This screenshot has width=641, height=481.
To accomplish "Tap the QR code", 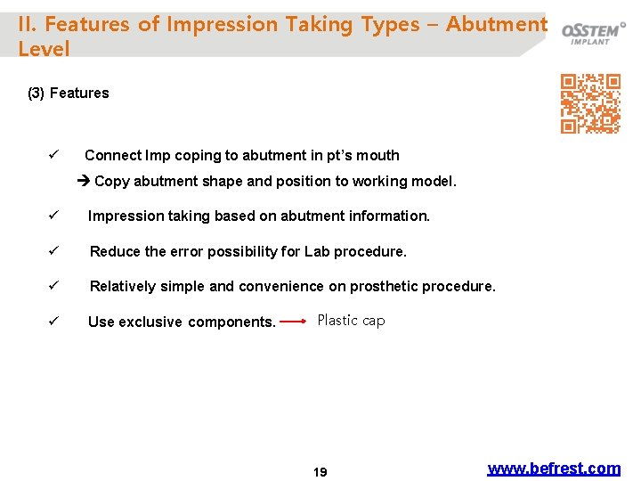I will pos(589,103).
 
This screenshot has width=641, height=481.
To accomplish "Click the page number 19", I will pos(320,472).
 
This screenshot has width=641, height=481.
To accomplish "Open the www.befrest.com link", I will pos(554,468).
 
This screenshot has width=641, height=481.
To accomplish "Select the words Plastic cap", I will pos(351,321).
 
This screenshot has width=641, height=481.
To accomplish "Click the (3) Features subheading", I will pos(69,94).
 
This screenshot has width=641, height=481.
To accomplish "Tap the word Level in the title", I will pos(44,50).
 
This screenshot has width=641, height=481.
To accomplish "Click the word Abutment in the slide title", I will pos(496,24).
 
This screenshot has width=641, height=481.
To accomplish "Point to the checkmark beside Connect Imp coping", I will pos(53,155).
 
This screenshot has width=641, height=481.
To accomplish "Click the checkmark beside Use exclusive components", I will pos(53,322).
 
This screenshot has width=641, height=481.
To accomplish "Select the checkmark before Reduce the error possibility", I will pos(53,251).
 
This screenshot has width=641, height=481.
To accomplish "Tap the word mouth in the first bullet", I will pos(378,156).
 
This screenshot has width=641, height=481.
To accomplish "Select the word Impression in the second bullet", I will pos(124,216).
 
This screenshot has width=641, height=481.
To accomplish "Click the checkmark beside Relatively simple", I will pos(53,286).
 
